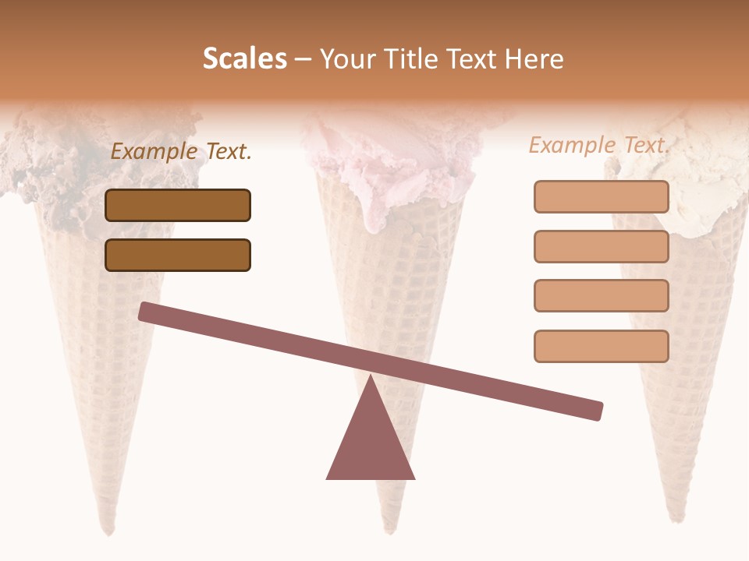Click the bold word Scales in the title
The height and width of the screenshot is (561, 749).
pos(244,58)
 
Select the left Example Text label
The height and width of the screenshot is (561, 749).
pos(181,151)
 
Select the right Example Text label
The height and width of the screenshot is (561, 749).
pos(599,145)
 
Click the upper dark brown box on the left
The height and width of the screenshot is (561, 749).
pos(178,205)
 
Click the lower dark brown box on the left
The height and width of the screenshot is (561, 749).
pos(178,255)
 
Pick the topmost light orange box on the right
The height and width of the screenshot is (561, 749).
pos(601,197)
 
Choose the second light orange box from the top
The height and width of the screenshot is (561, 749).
pos(601,246)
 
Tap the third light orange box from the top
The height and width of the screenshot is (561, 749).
pos(601,296)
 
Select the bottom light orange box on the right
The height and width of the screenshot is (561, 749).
pos(601,346)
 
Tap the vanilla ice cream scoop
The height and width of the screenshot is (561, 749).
pos(702,179)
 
